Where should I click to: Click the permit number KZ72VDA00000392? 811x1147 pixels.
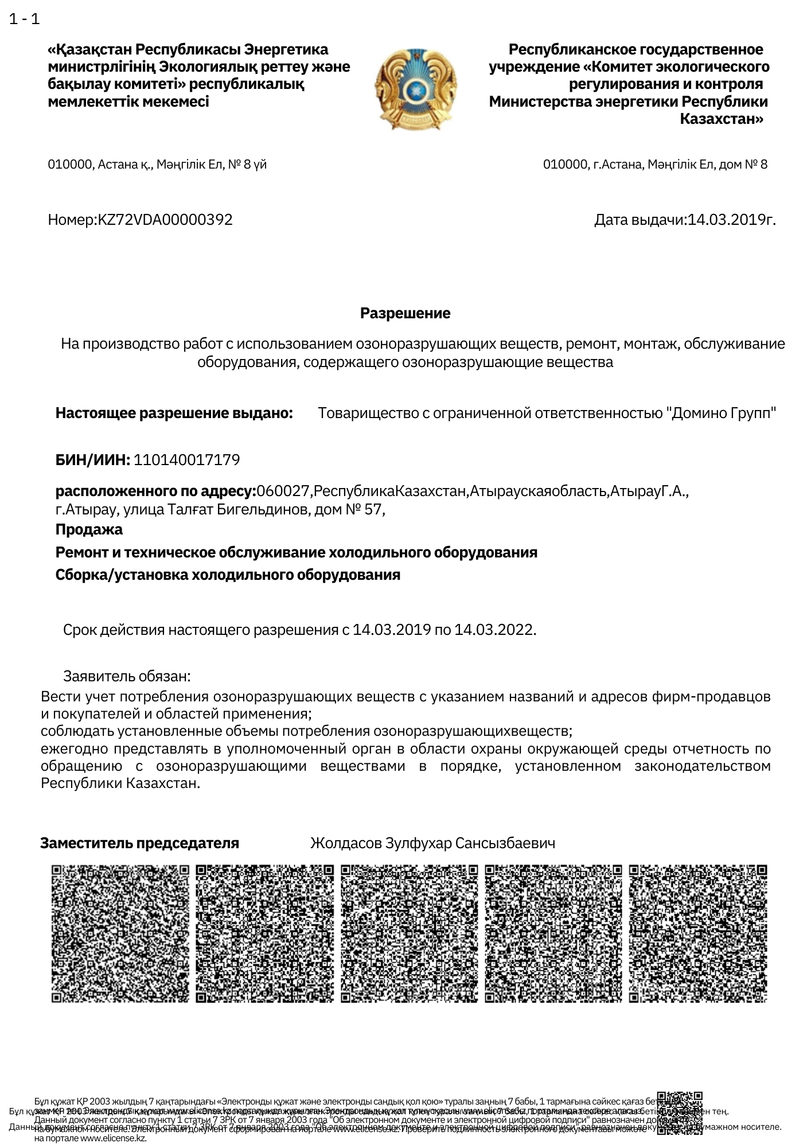(166, 220)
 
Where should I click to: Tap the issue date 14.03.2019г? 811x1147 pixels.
(731, 220)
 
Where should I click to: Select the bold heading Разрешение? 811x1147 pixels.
(405, 313)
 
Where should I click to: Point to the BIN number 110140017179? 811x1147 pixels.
(186, 460)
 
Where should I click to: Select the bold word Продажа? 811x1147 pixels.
(89, 529)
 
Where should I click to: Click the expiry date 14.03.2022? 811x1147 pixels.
(495, 630)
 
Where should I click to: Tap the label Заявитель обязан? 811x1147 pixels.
(127, 676)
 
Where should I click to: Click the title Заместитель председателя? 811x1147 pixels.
(139, 843)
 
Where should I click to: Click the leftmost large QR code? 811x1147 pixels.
(120, 934)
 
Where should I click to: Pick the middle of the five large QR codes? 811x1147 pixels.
(409, 934)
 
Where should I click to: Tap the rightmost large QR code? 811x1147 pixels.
(697, 934)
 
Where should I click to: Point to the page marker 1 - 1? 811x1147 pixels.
(25, 19)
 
